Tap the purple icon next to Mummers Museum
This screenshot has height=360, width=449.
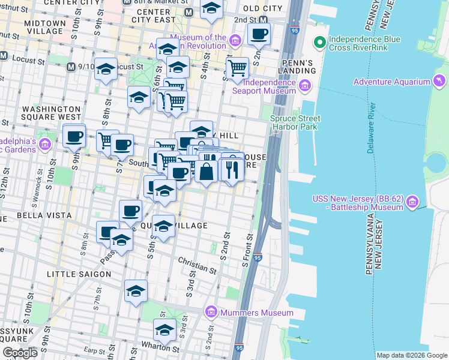(210, 312)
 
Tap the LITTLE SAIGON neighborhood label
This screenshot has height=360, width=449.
(79, 274)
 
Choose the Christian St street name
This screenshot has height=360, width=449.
(197, 265)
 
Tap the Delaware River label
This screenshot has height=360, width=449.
(372, 128)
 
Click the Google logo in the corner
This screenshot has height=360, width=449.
(20, 353)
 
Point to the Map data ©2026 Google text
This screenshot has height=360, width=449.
(411, 355)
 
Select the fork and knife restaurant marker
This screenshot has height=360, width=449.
(232, 170)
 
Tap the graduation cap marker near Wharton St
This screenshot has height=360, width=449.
(164, 329)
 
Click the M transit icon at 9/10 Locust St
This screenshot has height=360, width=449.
(71, 67)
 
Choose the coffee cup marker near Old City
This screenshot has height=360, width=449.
(259, 34)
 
